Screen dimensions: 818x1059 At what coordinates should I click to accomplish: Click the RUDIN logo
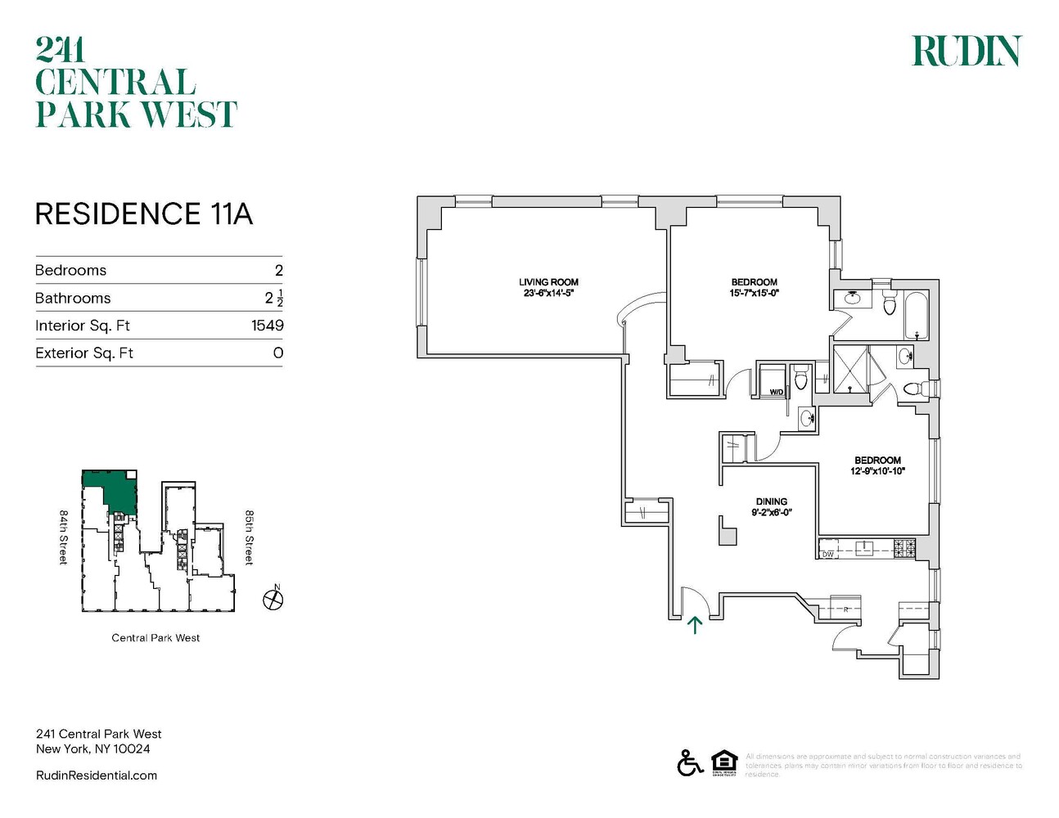(x=967, y=51)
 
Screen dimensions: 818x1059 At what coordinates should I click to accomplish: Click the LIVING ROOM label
(x=548, y=282)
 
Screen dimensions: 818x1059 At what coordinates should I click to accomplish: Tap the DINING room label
(x=771, y=501)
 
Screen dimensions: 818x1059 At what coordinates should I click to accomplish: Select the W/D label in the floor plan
(x=776, y=392)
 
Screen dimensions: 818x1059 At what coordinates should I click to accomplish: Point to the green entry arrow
(x=695, y=626)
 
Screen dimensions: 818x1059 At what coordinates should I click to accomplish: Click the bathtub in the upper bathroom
(x=916, y=315)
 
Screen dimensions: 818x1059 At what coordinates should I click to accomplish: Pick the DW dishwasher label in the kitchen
(x=828, y=555)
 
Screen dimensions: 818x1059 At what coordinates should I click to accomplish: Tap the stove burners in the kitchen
(x=904, y=548)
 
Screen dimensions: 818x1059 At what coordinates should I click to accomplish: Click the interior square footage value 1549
(x=267, y=326)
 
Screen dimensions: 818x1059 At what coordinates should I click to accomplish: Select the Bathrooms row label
(x=73, y=298)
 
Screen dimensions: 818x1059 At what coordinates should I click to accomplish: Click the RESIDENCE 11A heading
(x=143, y=213)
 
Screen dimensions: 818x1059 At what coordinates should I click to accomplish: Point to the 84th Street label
(x=63, y=537)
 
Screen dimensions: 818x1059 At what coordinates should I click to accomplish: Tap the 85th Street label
(x=249, y=537)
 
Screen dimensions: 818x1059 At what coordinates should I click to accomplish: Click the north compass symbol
(x=273, y=600)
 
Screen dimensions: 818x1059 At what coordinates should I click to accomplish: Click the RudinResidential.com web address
(x=97, y=775)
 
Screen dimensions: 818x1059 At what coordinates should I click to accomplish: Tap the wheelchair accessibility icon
(x=690, y=762)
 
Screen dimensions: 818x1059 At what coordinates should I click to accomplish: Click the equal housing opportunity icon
(x=724, y=762)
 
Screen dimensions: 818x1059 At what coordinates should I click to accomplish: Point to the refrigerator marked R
(x=845, y=609)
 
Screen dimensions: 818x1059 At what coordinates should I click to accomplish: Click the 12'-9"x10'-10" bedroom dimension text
(x=877, y=471)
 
